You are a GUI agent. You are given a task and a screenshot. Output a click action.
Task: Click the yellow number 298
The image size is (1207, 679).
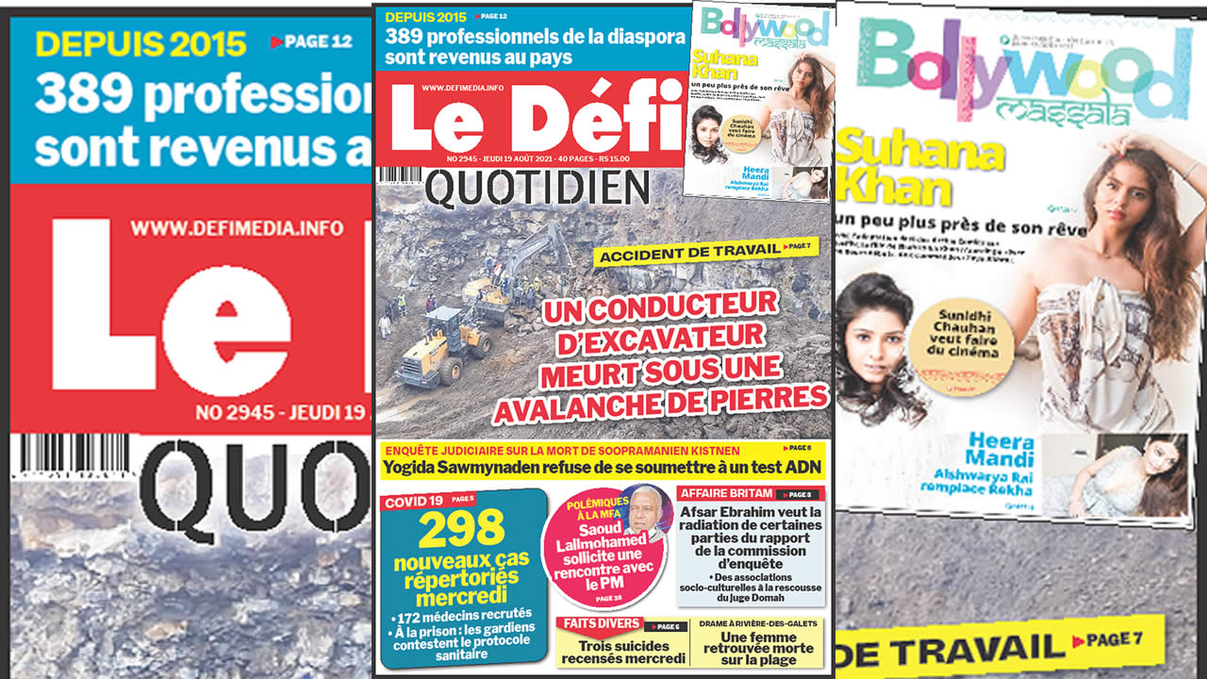pos(462,530)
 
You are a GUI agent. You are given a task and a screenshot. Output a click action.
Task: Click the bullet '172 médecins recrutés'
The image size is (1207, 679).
pos(456,617)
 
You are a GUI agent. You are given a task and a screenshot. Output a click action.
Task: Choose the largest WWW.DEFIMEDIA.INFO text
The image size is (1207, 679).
pos(237,228)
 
